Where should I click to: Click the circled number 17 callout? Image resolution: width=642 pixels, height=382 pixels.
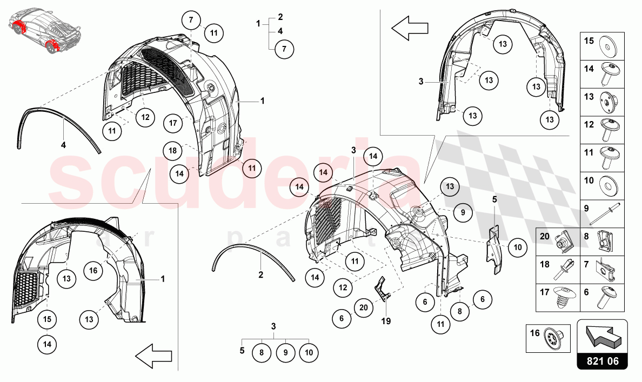[x=173, y=123]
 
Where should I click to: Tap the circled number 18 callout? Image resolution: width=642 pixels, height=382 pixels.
[x=172, y=151]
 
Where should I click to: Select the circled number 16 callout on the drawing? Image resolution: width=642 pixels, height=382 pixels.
[x=93, y=270]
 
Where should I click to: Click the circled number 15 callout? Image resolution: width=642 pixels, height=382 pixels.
[x=47, y=319]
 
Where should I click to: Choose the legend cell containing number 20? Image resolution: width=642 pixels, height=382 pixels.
[x=557, y=242]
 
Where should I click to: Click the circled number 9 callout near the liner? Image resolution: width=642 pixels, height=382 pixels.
[x=463, y=213]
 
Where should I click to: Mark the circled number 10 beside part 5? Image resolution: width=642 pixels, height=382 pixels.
[x=517, y=248]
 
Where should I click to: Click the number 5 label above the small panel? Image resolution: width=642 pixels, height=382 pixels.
[x=494, y=199]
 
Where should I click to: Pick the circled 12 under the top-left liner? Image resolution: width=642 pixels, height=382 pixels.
[x=145, y=117]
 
